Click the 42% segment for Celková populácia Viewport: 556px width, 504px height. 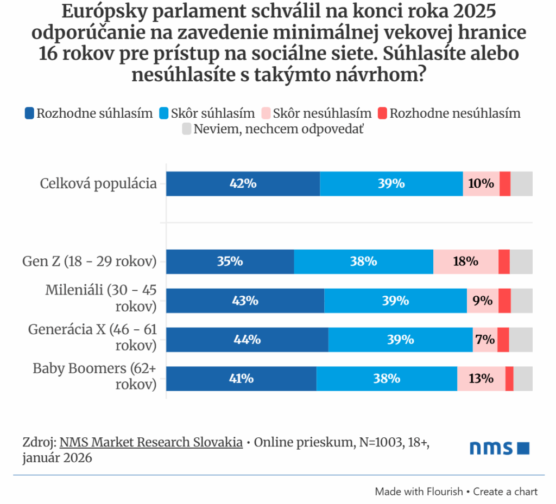pyautogui.click(x=243, y=183)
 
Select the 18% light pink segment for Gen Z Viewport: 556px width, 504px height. pyautogui.click(x=465, y=261)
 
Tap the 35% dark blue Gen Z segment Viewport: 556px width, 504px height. pyautogui.click(x=230, y=261)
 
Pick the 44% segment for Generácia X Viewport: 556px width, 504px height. pyautogui.click(x=247, y=340)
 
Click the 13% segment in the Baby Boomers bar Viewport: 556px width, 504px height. pyautogui.click(x=481, y=379)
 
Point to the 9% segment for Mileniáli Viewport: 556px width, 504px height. pyautogui.click(x=482, y=301)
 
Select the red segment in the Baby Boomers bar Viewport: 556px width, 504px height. pyautogui.click(x=509, y=379)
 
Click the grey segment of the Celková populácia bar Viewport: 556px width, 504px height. pyautogui.click(x=521, y=183)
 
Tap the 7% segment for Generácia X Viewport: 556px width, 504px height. pyautogui.click(x=484, y=340)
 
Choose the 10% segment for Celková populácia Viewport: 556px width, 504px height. pyautogui.click(x=481, y=183)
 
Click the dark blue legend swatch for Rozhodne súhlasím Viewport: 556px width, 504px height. pyautogui.click(x=29, y=113)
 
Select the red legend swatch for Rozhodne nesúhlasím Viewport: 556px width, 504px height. pyautogui.click(x=382, y=113)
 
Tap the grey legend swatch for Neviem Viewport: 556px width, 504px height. pyautogui.click(x=186, y=129)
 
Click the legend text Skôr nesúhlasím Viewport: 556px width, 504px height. pyautogui.click(x=322, y=113)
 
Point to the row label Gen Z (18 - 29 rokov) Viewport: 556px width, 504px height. pyautogui.click(x=90, y=261)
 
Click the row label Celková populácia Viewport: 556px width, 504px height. pyautogui.click(x=98, y=183)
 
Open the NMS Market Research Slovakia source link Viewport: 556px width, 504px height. pyautogui.click(x=151, y=442)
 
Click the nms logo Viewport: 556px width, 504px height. pyautogui.click(x=499, y=448)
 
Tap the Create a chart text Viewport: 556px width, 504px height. pyautogui.click(x=505, y=492)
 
